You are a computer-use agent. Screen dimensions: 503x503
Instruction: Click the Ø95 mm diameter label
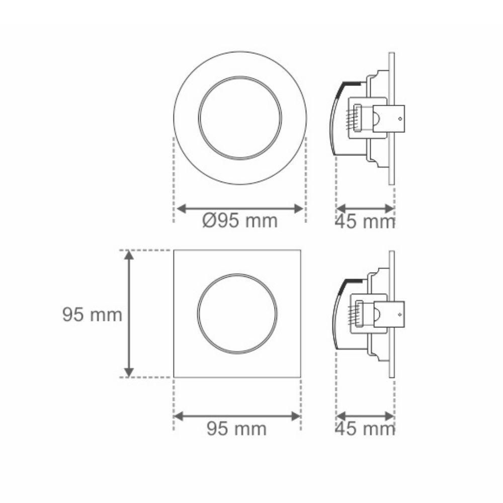(x=240, y=221)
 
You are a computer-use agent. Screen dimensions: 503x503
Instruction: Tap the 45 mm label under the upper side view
(x=365, y=222)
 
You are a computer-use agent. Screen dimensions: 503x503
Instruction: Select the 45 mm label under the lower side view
(x=365, y=429)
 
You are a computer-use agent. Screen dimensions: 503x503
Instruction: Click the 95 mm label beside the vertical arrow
(x=92, y=315)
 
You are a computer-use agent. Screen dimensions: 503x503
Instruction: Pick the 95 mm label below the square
(x=236, y=429)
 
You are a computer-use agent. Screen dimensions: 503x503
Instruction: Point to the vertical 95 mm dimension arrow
(x=129, y=313)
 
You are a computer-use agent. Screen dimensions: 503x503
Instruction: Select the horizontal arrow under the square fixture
(x=237, y=416)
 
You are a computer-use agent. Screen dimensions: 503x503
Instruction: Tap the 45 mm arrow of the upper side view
(x=365, y=208)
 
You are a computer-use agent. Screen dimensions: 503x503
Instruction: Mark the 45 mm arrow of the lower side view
(x=365, y=415)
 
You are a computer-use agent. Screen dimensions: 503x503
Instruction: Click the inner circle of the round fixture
(x=239, y=118)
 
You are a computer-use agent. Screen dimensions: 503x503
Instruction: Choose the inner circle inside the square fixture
(x=237, y=313)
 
